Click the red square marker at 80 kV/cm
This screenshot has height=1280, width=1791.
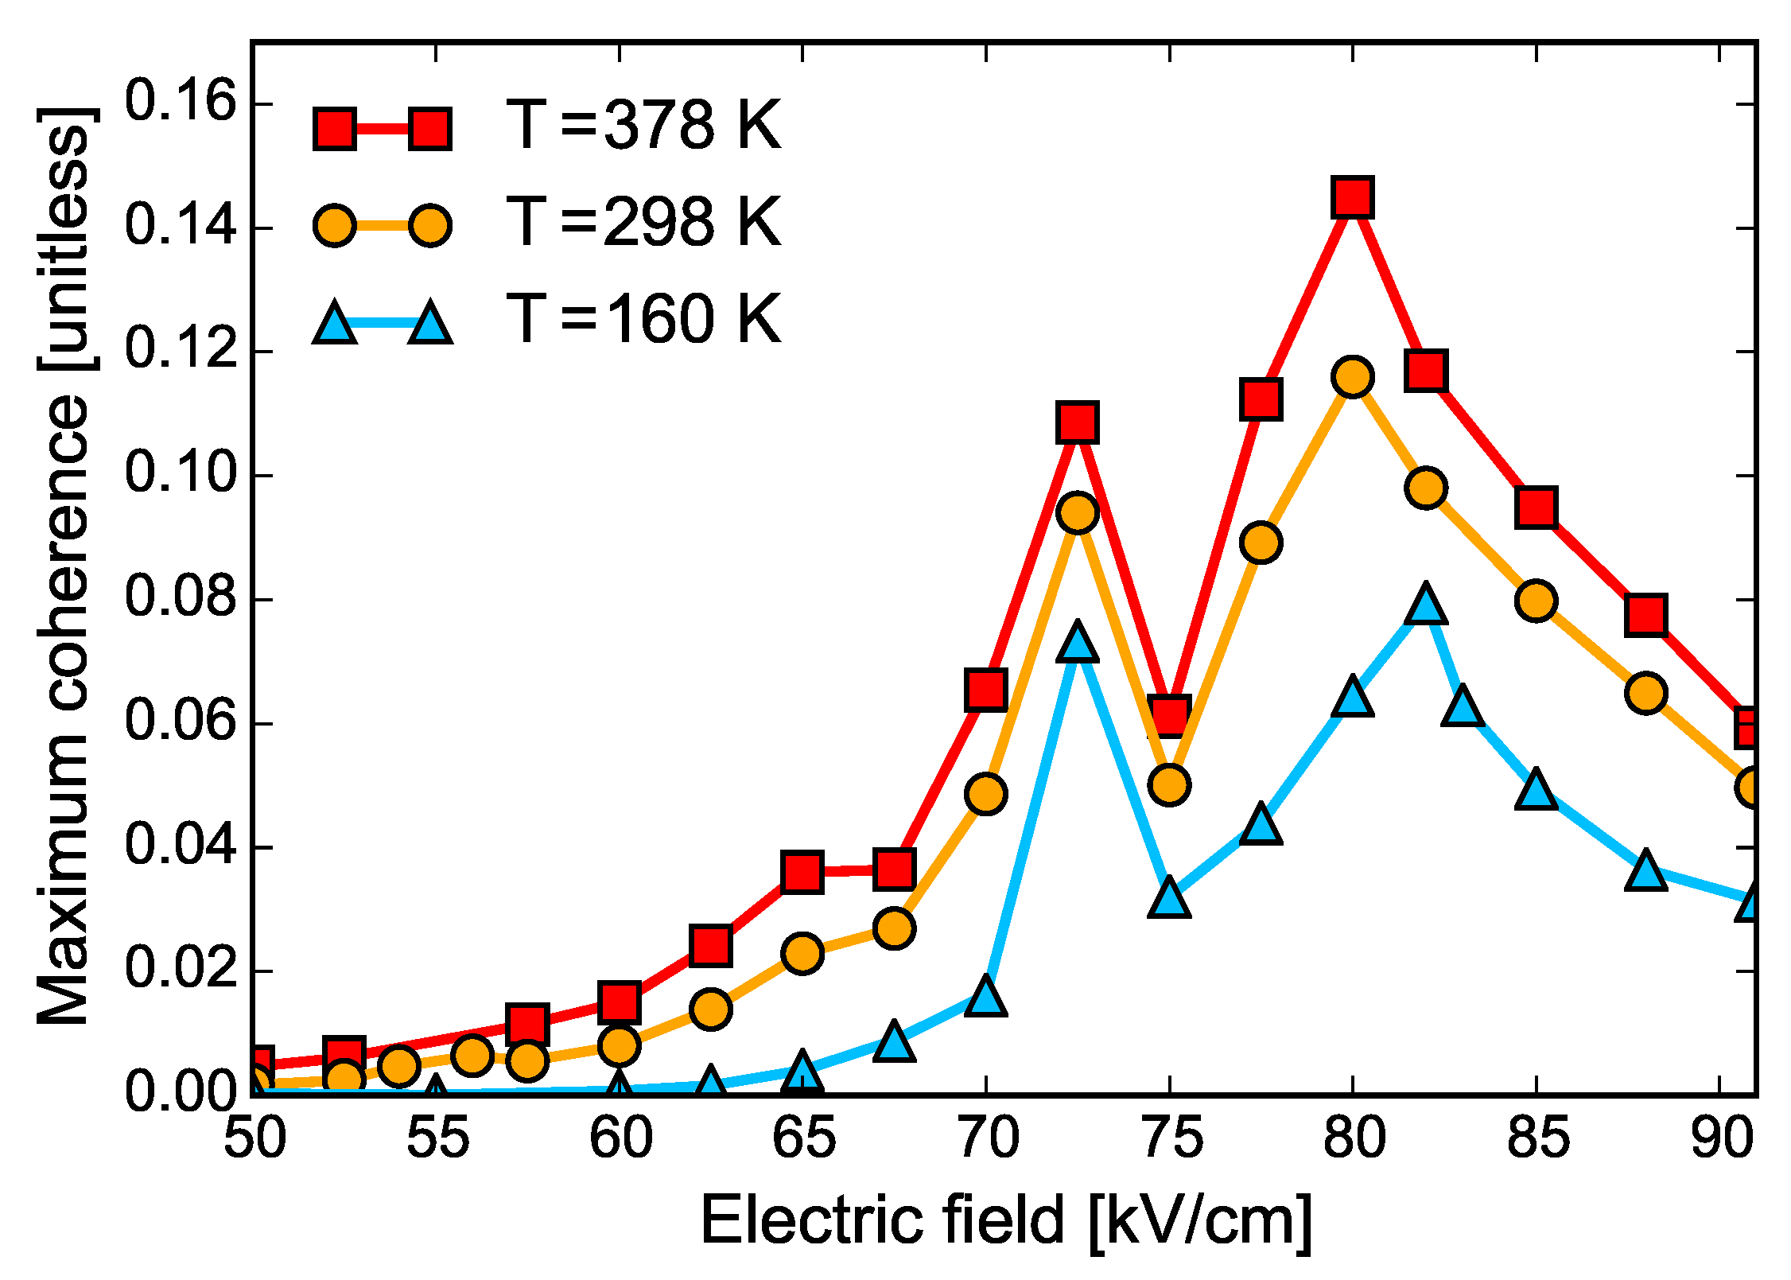(x=1353, y=196)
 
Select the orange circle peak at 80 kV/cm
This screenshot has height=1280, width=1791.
(x=1353, y=376)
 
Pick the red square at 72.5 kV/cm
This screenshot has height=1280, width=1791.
(x=1078, y=422)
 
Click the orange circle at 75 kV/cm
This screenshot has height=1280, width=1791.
(x=1169, y=785)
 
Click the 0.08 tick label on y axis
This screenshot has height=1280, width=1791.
(x=181, y=598)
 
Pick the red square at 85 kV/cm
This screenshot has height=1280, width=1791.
(x=1537, y=507)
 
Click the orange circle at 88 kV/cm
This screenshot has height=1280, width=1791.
(x=1646, y=692)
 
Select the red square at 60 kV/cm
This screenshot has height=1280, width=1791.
(x=620, y=1002)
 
